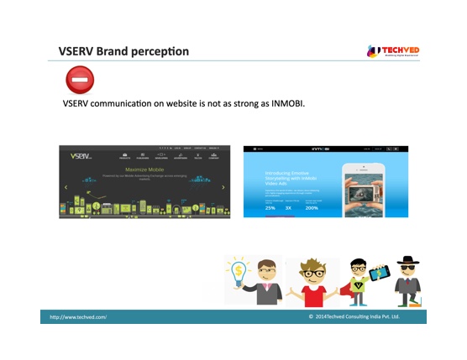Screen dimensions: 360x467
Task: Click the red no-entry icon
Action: [80, 81]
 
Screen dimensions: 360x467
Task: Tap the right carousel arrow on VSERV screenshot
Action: [223, 187]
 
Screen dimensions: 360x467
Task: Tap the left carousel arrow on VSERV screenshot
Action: [66, 187]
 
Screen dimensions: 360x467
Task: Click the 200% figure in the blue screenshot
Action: [312, 207]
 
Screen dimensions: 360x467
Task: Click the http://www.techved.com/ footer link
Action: [78, 317]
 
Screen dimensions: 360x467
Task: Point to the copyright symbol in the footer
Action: [311, 317]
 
